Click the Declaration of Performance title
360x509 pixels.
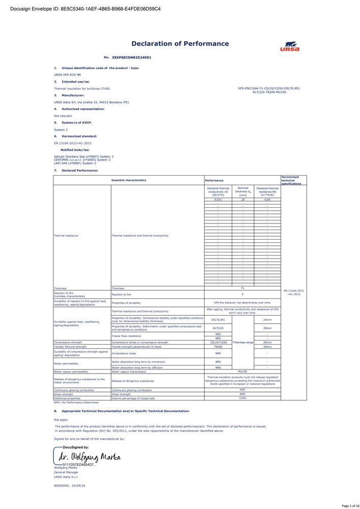[x=180, y=44]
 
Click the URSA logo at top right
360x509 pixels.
[x=289, y=46]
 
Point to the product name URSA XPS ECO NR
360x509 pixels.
[x=68, y=74]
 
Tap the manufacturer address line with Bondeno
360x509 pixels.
[x=91, y=102]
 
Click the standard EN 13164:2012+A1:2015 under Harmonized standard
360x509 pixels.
[x=75, y=144]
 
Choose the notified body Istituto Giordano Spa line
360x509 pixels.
[x=84, y=156]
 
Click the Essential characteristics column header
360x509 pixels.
[x=129, y=180]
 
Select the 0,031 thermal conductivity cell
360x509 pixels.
[x=218, y=200]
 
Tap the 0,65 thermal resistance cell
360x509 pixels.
[x=267, y=200]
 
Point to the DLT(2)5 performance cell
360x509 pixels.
[x=218, y=328]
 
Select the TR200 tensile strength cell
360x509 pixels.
[x=218, y=347]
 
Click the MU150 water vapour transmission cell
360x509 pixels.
[x=242, y=372]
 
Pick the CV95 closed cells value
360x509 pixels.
[x=242, y=398]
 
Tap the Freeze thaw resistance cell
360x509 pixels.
[x=127, y=336]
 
